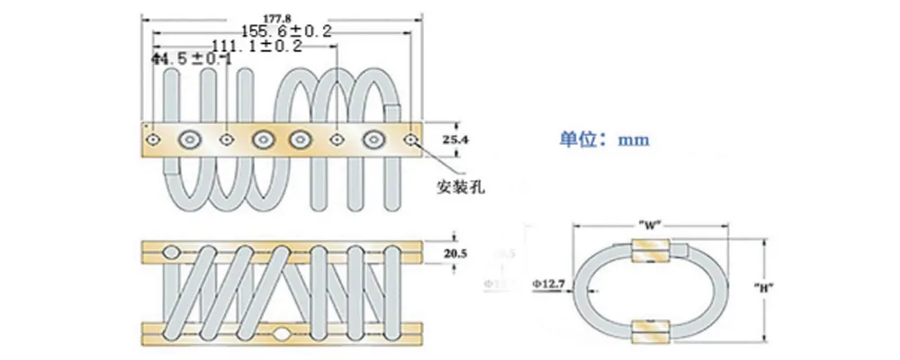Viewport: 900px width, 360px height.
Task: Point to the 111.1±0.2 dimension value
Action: pyautogui.click(x=256, y=45)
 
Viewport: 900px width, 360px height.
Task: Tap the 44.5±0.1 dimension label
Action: pyautogui.click(x=192, y=59)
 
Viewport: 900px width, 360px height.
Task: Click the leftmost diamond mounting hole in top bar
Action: pyautogui.click(x=154, y=139)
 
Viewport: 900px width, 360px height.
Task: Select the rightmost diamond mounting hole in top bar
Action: pyautogui.click(x=410, y=139)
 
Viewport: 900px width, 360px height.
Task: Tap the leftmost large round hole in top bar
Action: pyautogui.click(x=191, y=139)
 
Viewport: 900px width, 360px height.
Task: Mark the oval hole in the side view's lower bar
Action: pyautogui.click(x=283, y=334)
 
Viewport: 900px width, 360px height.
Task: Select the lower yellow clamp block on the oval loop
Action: pyautogui.click(x=651, y=329)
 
